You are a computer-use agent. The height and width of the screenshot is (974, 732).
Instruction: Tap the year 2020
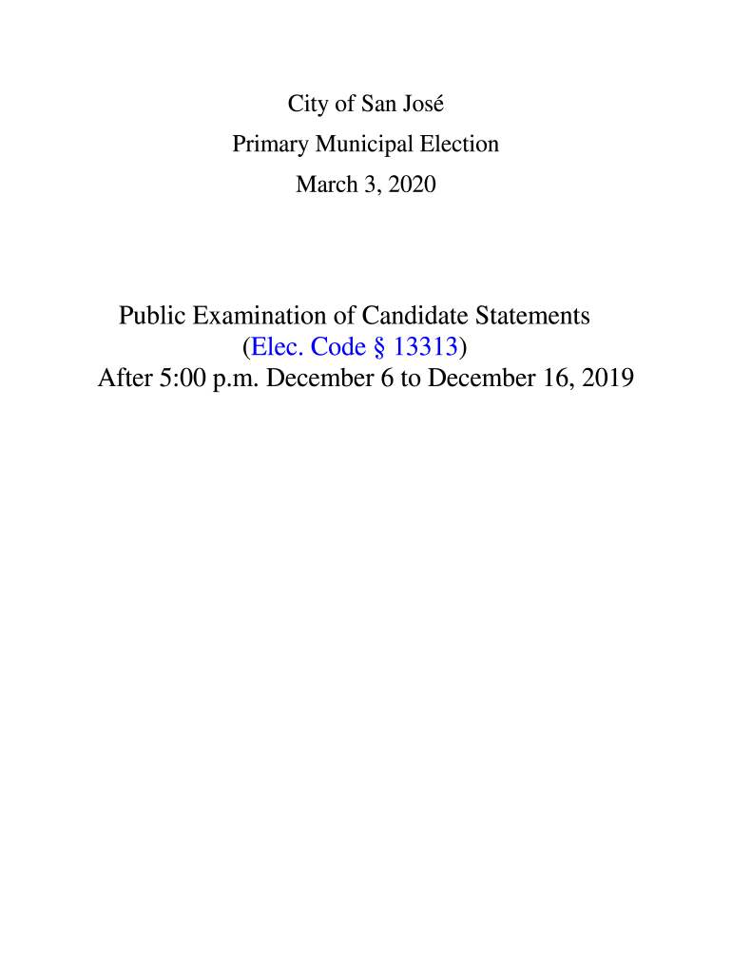click(x=410, y=185)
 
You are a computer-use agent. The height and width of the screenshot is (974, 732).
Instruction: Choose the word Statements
click(x=532, y=315)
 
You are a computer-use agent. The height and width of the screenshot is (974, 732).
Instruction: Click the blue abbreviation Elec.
click(x=277, y=346)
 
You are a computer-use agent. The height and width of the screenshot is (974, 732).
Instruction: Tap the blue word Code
click(x=338, y=346)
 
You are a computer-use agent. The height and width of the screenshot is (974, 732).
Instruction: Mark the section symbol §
click(x=380, y=346)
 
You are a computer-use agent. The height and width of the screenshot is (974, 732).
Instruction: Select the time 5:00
click(x=194, y=379)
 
